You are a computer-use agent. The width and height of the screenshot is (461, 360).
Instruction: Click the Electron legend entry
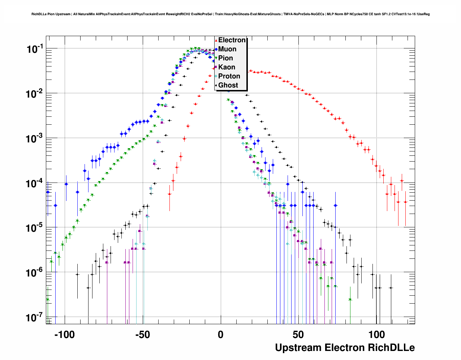(x=232, y=40)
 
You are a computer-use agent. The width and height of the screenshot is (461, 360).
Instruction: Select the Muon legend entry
(x=227, y=49)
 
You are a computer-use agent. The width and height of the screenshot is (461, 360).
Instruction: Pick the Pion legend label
(x=225, y=58)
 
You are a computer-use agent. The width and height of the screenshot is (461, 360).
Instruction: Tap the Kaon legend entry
(x=227, y=67)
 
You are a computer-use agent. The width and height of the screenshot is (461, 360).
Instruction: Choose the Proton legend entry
(x=229, y=76)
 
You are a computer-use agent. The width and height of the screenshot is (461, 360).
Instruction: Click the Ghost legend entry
(x=228, y=85)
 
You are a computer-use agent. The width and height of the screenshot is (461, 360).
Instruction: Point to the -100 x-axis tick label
(x=64, y=335)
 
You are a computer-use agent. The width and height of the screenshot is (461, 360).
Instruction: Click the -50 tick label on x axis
(x=142, y=335)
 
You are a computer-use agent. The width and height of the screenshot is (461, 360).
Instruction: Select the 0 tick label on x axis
(x=220, y=335)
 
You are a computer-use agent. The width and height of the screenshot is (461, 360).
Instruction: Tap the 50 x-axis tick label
(x=298, y=335)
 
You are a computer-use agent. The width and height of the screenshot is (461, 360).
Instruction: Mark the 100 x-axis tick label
(x=376, y=335)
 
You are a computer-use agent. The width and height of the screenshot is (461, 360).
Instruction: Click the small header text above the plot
(x=231, y=14)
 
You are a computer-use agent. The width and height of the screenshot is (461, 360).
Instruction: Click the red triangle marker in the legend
(x=216, y=40)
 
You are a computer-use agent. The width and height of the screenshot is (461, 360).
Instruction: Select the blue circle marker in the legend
(x=216, y=50)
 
